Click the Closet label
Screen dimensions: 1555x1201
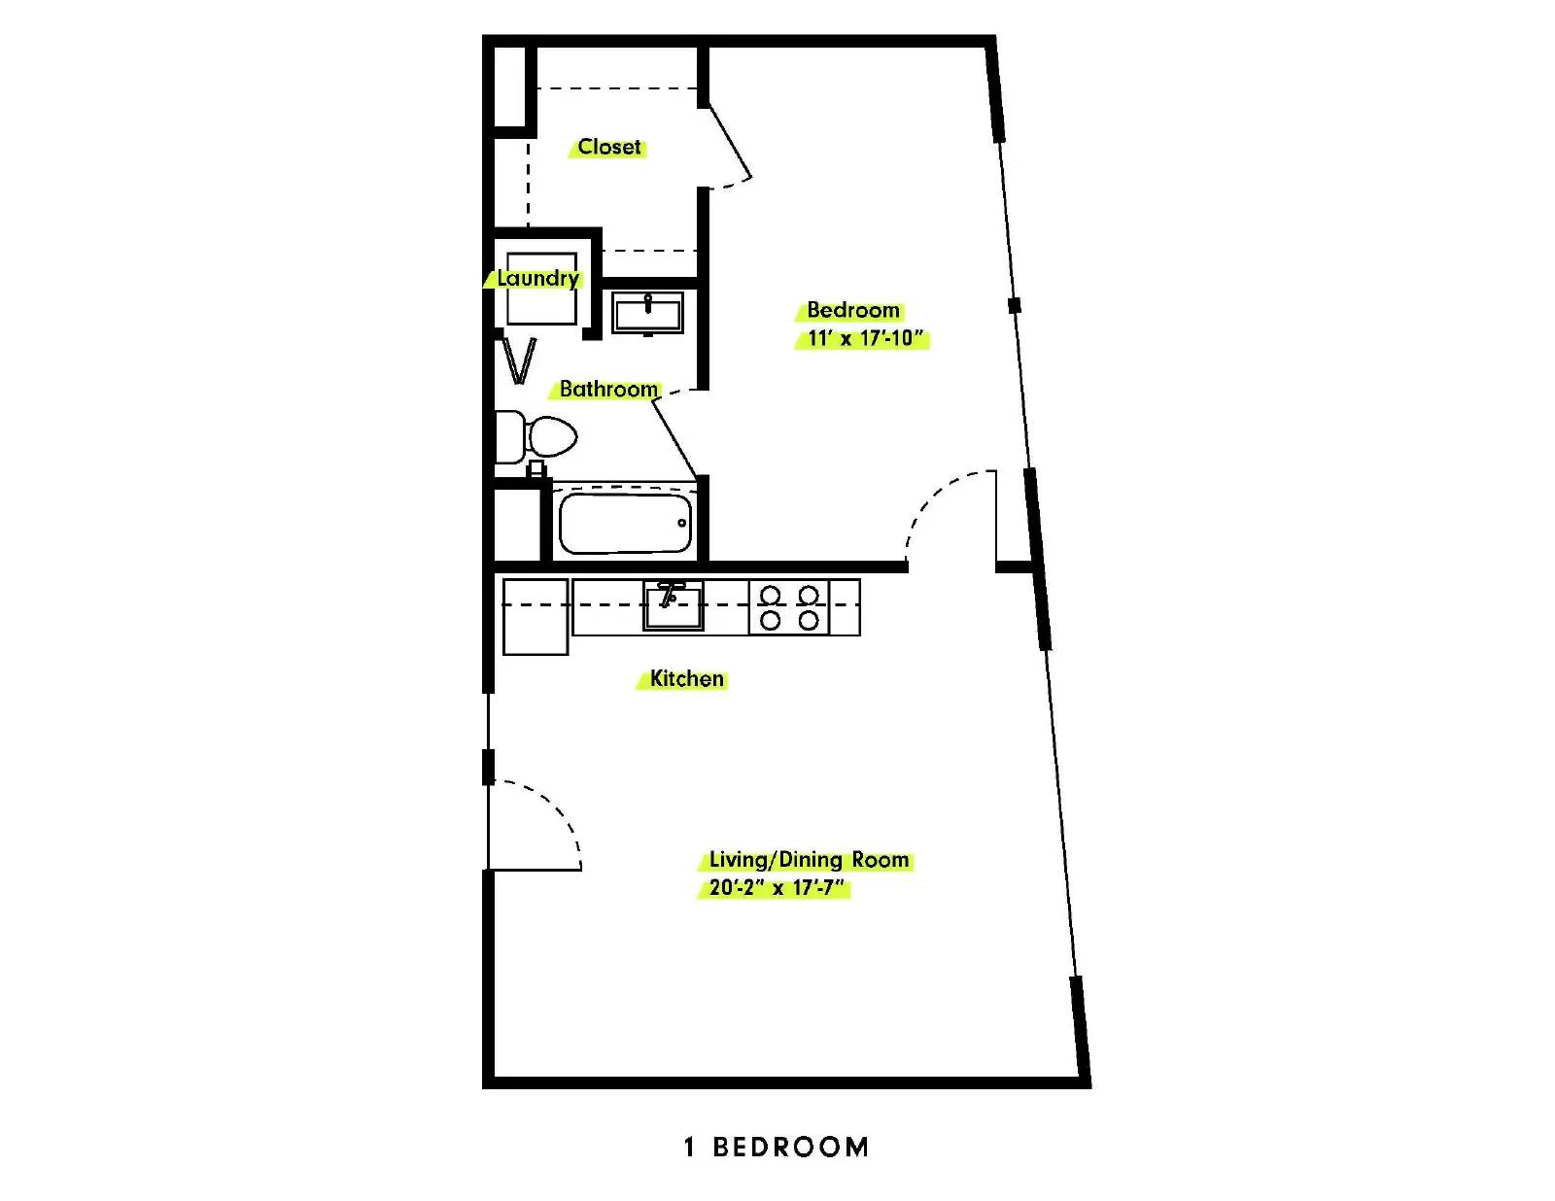609,147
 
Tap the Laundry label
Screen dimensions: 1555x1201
537,278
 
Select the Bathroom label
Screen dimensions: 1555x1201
608,389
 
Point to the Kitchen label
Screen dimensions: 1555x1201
686,678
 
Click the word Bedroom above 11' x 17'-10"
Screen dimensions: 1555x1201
853,310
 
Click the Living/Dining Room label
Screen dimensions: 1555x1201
809,859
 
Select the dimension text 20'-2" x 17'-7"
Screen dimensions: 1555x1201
777,888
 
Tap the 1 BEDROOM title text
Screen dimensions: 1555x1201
777,1147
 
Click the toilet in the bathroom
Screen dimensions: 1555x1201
536,436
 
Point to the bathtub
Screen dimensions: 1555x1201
625,523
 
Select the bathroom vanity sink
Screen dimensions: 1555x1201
647,313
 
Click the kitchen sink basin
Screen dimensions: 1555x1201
673,605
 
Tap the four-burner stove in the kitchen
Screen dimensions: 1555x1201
789,607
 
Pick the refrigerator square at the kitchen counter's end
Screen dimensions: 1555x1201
536,617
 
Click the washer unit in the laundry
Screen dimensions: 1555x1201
541,289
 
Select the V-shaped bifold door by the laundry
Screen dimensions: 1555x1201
520,361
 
